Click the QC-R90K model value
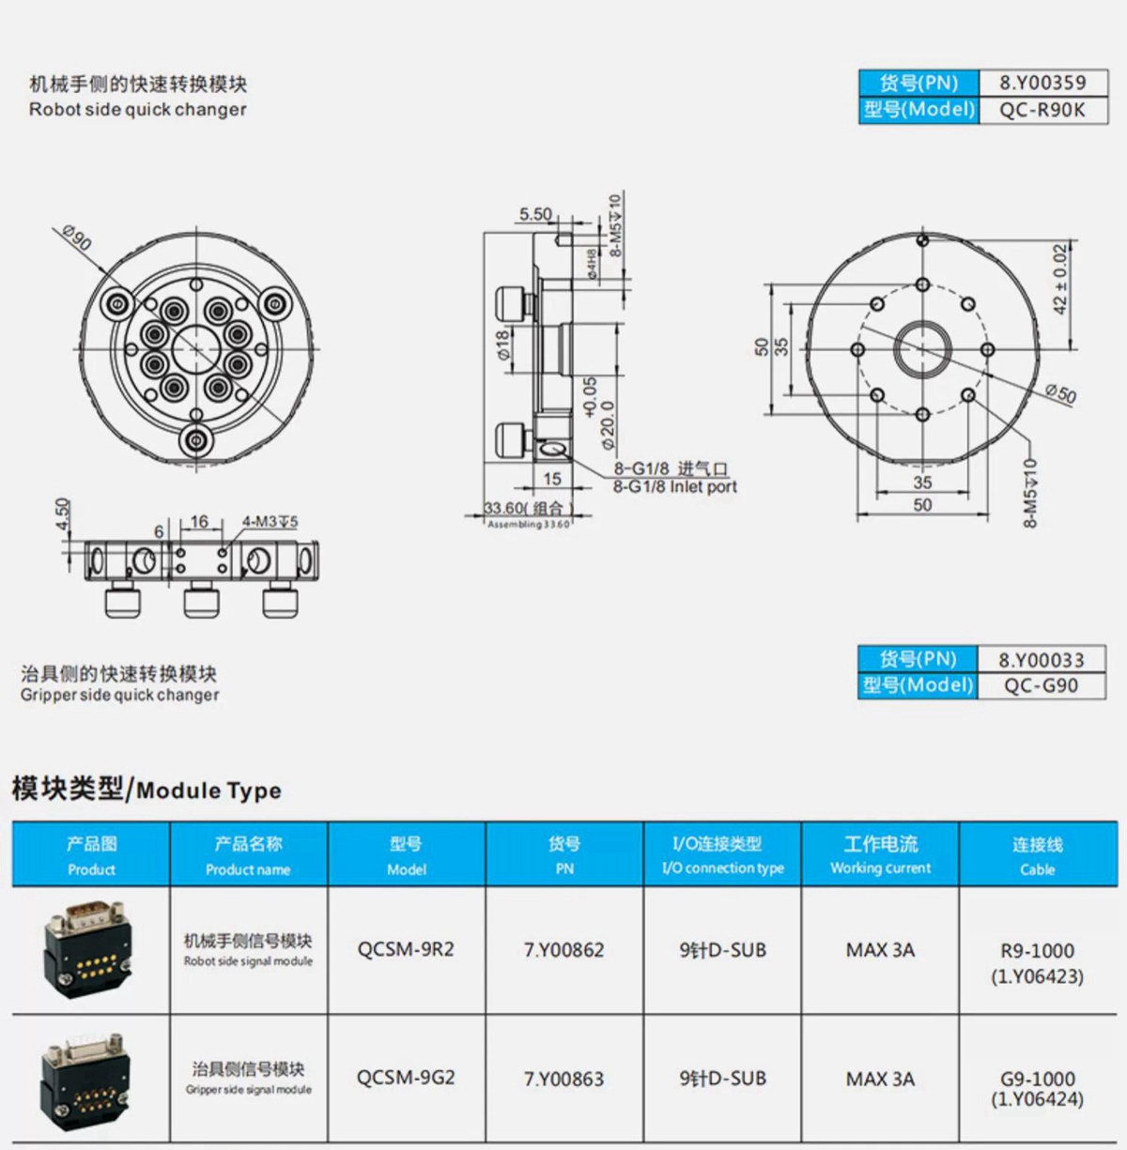pyautogui.click(x=1042, y=110)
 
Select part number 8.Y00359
pyautogui.click(x=1042, y=83)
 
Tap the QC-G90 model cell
pyautogui.click(x=1041, y=685)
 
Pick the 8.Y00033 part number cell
pyautogui.click(x=1041, y=660)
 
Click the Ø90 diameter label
pyautogui.click(x=76, y=238)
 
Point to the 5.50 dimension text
pyautogui.click(x=536, y=214)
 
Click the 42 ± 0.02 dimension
pyautogui.click(x=1059, y=279)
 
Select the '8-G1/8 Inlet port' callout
pyautogui.click(x=674, y=486)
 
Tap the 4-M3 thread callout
pyautogui.click(x=270, y=521)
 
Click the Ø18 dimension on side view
pyautogui.click(x=503, y=345)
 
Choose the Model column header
pyautogui.click(x=407, y=855)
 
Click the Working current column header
pyautogui.click(x=880, y=855)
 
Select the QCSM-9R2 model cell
pyautogui.click(x=406, y=949)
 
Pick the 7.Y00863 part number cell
pyautogui.click(x=563, y=1079)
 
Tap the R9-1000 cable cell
pyautogui.click(x=1037, y=962)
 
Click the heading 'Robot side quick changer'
pyautogui.click(x=138, y=109)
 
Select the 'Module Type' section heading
pyautogui.click(x=147, y=790)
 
